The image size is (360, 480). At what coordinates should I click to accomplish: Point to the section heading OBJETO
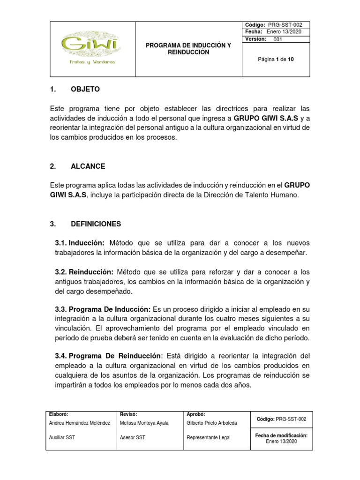point(85,89)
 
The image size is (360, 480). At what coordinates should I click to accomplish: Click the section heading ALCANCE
point(88,166)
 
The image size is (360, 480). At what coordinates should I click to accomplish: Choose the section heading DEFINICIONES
point(96,224)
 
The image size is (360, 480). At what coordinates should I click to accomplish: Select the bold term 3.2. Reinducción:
point(84,272)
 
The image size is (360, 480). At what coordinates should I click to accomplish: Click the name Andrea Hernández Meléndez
point(79,423)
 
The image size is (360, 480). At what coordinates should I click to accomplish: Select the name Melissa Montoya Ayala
point(143,423)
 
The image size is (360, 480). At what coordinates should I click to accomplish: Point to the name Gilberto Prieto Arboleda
point(212,423)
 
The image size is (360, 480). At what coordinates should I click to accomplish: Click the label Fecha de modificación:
point(281,435)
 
